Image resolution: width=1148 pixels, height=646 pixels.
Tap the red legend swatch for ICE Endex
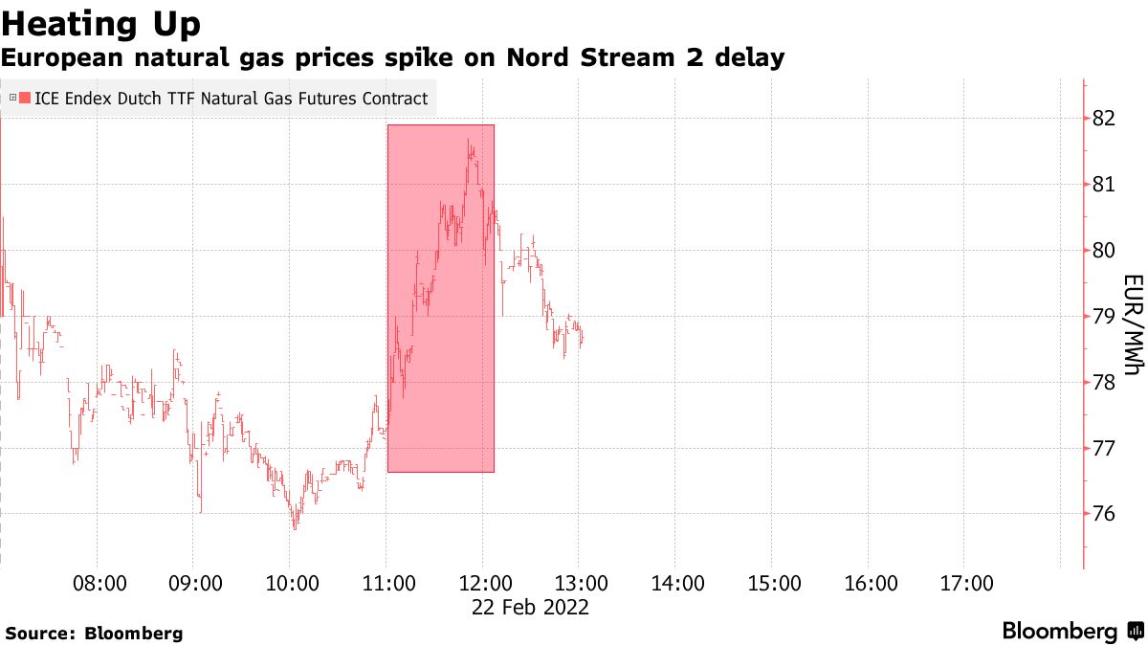tap(24, 98)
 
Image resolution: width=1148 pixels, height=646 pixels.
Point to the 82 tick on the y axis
tap(1103, 118)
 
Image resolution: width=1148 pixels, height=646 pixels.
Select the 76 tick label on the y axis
tap(1103, 514)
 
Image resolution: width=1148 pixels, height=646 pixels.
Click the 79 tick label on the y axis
tap(1103, 316)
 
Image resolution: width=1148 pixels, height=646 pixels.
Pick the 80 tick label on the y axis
tap(1103, 250)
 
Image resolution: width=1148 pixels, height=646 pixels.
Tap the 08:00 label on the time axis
tap(100, 583)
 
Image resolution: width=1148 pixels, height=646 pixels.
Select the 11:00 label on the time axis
tap(388, 583)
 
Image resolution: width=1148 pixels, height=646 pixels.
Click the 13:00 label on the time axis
tap(581, 583)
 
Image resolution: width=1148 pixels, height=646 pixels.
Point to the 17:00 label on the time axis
tap(965, 583)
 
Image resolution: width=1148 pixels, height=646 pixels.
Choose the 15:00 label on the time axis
tap(773, 583)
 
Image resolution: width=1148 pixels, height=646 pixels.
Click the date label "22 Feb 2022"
tap(530, 608)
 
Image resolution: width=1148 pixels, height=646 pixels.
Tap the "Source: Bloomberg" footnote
tap(94, 633)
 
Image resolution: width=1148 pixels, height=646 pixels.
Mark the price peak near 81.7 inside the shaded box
tap(469, 141)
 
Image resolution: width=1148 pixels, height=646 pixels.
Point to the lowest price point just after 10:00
tap(295, 527)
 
